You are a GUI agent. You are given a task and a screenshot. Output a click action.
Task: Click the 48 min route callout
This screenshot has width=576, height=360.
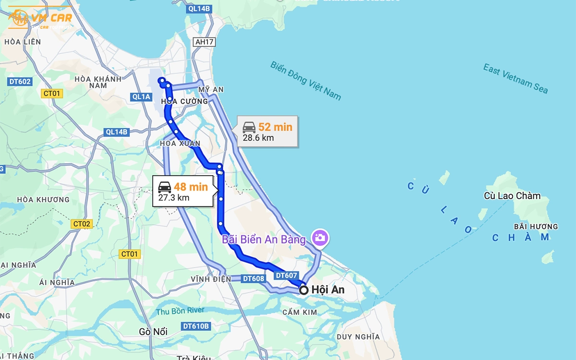(183, 192)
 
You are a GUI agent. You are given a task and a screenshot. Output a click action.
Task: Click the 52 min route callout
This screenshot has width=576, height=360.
(267, 132)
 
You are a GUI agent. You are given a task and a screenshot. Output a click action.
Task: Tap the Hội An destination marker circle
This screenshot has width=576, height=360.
(303, 290)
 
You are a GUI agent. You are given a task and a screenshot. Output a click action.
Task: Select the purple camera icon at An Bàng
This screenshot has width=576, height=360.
(319, 237)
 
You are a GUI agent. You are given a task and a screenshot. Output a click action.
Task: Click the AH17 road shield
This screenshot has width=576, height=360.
(204, 42)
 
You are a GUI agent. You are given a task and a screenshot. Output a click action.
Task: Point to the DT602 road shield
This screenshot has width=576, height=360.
(20, 82)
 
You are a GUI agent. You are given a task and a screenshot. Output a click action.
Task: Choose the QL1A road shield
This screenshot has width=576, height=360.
(142, 97)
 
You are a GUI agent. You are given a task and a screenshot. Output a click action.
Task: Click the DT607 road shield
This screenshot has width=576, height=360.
(287, 276)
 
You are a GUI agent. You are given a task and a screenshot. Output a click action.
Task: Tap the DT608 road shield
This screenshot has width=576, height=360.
(253, 278)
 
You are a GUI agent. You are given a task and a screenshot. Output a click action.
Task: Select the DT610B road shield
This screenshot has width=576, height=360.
(196, 326)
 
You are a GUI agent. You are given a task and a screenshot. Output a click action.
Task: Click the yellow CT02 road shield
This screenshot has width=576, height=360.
(82, 224)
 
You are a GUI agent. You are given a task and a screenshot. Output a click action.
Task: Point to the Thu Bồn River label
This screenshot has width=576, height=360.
(180, 311)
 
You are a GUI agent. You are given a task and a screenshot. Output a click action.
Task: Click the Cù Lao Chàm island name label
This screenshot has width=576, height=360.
(512, 196)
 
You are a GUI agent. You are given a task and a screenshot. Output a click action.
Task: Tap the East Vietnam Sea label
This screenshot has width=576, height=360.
(515, 78)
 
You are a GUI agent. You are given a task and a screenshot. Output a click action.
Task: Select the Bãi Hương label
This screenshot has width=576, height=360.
(536, 227)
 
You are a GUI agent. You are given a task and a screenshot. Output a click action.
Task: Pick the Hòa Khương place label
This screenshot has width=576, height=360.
(43, 200)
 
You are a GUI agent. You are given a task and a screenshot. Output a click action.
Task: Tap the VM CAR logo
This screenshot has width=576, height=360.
(40, 19)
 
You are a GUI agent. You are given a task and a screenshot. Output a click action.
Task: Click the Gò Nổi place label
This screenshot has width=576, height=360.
(153, 332)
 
